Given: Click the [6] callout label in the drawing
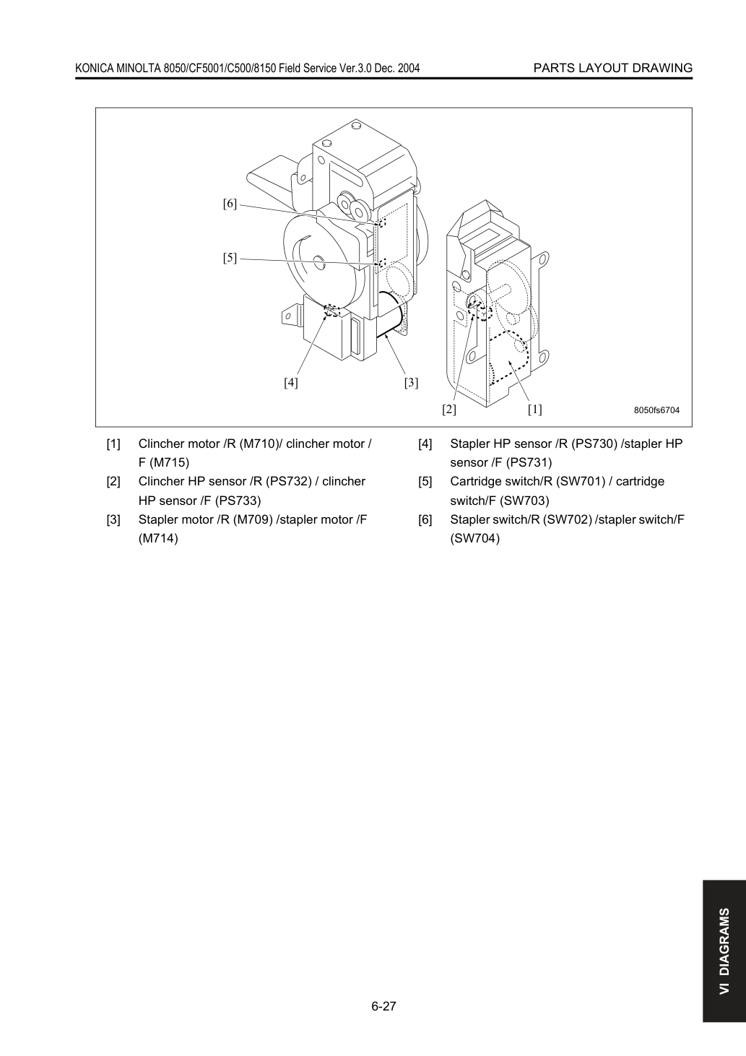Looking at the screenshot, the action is click(x=230, y=204).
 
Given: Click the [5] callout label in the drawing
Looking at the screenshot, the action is click(x=230, y=258).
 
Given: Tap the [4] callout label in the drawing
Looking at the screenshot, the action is click(x=291, y=382).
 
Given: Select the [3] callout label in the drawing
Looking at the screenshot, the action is click(x=411, y=382).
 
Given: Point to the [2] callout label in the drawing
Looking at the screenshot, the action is click(x=449, y=410).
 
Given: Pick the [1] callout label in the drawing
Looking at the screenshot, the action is click(x=535, y=410).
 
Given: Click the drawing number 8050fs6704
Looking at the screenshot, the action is click(x=656, y=410).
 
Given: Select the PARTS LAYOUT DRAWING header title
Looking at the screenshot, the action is click(x=613, y=68).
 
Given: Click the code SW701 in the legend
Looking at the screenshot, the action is click(x=580, y=482).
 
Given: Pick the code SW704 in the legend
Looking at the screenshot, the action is click(x=474, y=538).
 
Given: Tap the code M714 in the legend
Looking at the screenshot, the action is click(x=158, y=538).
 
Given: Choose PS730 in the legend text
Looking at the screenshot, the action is click(x=594, y=444).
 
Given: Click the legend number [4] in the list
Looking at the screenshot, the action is click(x=425, y=444).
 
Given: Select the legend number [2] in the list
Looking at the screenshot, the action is click(x=113, y=482).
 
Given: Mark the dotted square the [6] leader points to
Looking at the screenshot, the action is click(x=381, y=222).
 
